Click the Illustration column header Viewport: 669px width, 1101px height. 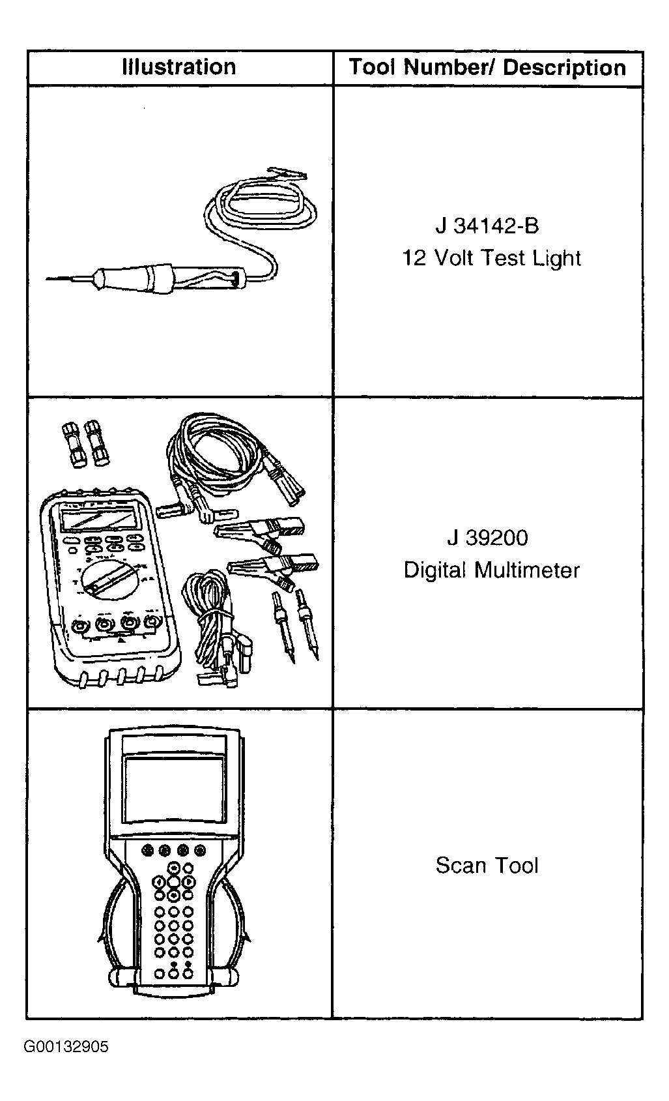pyautogui.click(x=178, y=67)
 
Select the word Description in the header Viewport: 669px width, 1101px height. pyautogui.click(x=564, y=68)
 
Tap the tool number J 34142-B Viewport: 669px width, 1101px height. pyautogui.click(x=487, y=226)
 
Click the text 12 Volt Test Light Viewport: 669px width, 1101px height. pyautogui.click(x=491, y=258)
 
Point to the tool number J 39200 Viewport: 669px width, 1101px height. pyautogui.click(x=488, y=538)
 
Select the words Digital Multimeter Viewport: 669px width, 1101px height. pyautogui.click(x=492, y=570)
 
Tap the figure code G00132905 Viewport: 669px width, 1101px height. pyautogui.click(x=66, y=1046)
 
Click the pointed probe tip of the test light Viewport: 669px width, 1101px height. pyautogui.click(x=47, y=279)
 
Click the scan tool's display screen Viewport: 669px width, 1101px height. pyautogui.click(x=174, y=790)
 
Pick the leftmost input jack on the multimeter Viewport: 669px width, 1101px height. pyautogui.click(x=79, y=626)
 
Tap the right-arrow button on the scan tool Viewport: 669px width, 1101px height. pyautogui.click(x=189, y=882)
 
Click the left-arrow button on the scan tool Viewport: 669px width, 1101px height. pyautogui.click(x=159, y=882)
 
